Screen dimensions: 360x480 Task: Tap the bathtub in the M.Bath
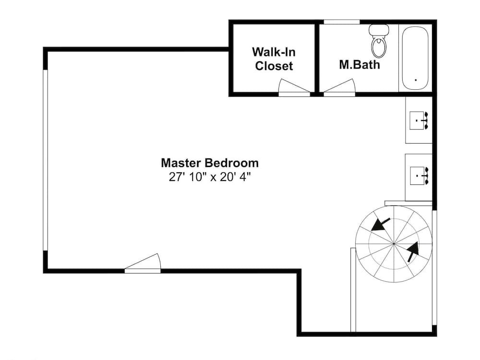point(416,58)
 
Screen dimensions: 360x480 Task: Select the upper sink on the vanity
point(419,120)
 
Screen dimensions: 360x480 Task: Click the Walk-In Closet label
point(274,59)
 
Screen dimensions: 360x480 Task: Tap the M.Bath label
point(360,64)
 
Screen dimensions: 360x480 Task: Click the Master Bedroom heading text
point(210,163)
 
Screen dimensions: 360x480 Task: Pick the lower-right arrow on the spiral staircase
point(412,252)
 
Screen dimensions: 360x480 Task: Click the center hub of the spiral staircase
point(394,244)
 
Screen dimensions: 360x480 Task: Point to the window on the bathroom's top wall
point(341,22)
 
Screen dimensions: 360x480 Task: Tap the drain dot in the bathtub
point(415,80)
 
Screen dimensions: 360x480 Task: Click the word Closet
point(274,66)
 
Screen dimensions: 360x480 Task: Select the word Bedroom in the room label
point(233,163)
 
